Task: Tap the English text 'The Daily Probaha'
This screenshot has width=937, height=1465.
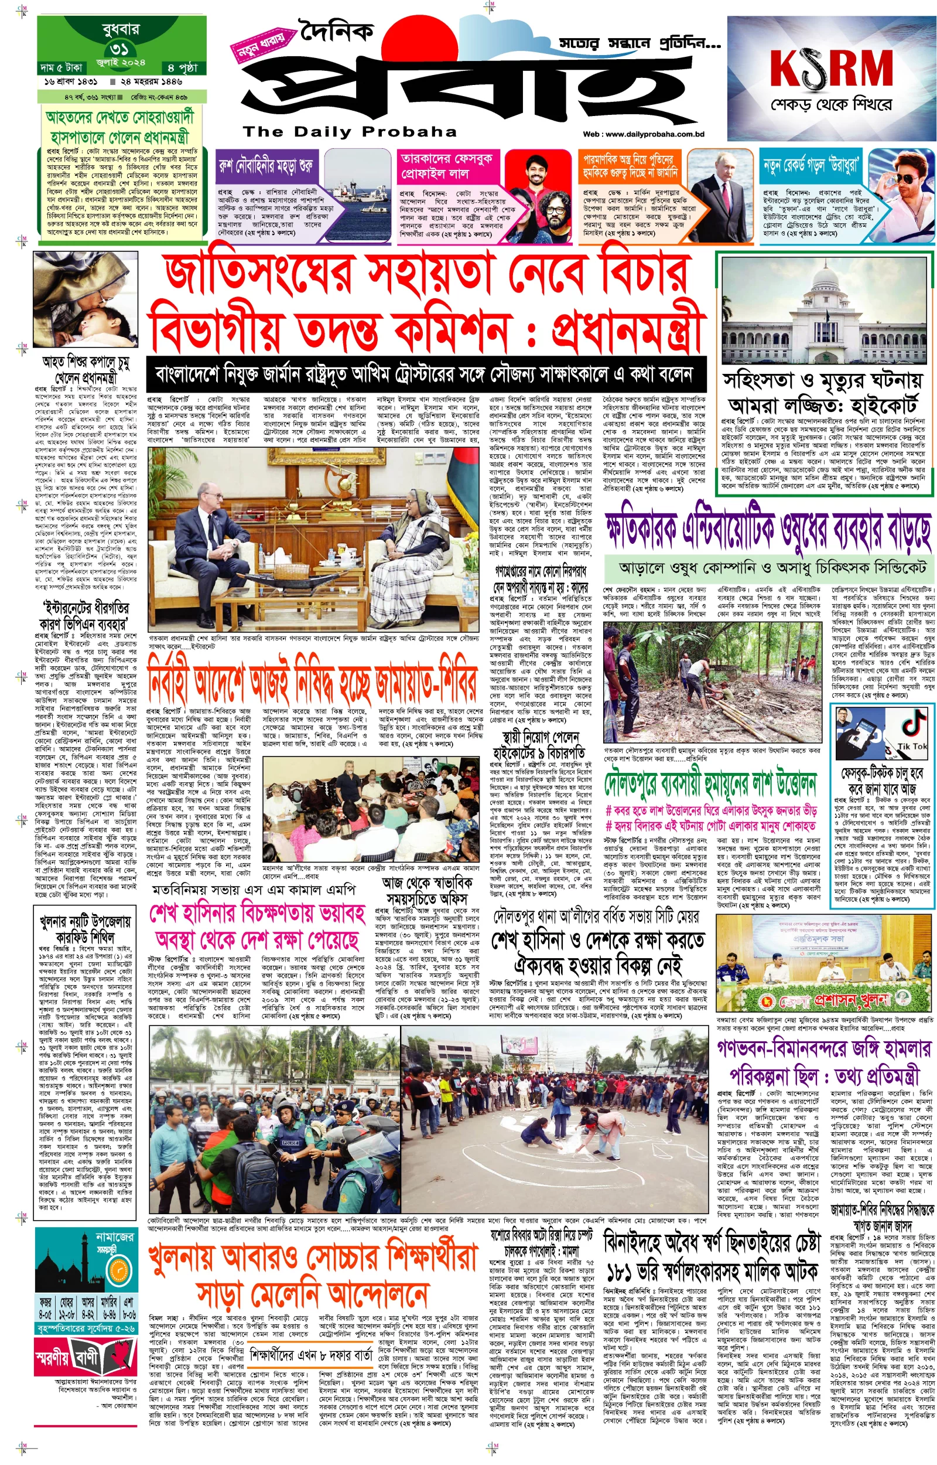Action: coord(349,131)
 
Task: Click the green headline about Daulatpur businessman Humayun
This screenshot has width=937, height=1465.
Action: coord(710,784)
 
